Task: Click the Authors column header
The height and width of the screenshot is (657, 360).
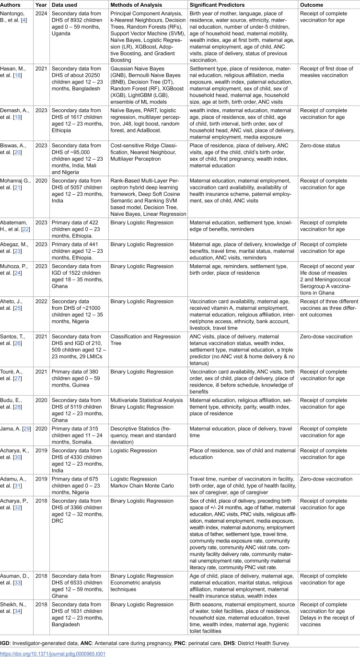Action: coord(14,5)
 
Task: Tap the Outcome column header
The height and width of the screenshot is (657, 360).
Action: coord(312,5)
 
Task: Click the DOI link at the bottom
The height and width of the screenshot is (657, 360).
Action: coord(53,653)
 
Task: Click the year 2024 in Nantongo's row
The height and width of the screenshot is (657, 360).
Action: coord(41,14)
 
